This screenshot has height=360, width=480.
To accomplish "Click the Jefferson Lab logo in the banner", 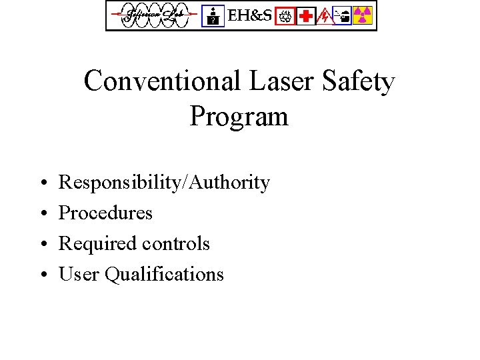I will point(154,15).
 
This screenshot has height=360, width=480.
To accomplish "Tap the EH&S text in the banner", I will point(250,15).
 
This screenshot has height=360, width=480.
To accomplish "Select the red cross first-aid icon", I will point(306,15).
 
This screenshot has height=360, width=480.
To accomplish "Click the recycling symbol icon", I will point(285,15).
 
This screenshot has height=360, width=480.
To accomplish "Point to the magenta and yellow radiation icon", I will point(363,15).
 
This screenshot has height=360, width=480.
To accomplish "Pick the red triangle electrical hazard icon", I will point(325,15).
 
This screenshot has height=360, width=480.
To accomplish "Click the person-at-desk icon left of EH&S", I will point(213,15).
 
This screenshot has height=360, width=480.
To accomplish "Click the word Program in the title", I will point(239,116).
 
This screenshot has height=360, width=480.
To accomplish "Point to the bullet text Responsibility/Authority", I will point(164,183).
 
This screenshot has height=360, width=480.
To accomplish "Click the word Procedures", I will point(105,213).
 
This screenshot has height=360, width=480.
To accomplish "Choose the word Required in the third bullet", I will point(96,243).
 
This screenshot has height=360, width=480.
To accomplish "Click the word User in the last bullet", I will point(77,274).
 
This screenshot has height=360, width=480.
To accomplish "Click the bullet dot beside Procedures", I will point(42,213).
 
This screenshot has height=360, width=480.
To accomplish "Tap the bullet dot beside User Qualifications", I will point(42,275).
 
